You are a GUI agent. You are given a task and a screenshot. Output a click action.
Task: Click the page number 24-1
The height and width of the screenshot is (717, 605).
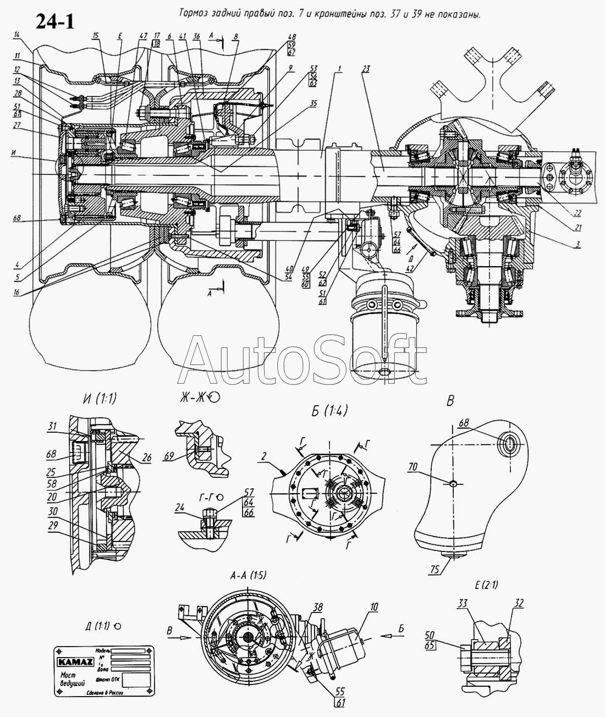coord(55,21)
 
